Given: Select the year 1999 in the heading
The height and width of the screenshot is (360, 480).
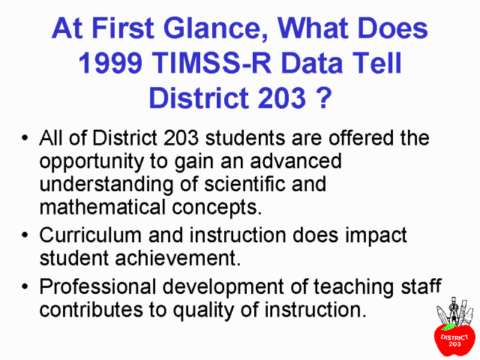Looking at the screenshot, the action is (x=110, y=63).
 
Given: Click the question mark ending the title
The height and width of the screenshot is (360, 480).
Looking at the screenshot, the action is (x=323, y=97).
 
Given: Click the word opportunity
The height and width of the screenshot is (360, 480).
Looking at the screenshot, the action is (x=91, y=162).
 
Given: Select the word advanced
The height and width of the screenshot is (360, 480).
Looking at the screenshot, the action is (x=295, y=160).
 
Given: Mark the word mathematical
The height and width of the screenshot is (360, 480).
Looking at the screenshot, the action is (x=103, y=207).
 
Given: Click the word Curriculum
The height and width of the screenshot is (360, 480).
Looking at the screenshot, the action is (x=90, y=235).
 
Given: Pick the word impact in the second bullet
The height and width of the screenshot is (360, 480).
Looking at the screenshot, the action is (x=376, y=236).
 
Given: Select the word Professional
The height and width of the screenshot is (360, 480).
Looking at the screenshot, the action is (x=97, y=286).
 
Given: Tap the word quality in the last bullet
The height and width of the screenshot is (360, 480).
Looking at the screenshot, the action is (x=203, y=310).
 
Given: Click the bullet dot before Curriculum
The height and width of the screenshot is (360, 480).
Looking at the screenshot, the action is (x=25, y=235).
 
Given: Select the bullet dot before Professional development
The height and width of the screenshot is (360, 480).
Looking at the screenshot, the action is (x=25, y=286).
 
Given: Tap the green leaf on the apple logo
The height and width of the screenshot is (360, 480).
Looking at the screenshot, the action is (x=448, y=327).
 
